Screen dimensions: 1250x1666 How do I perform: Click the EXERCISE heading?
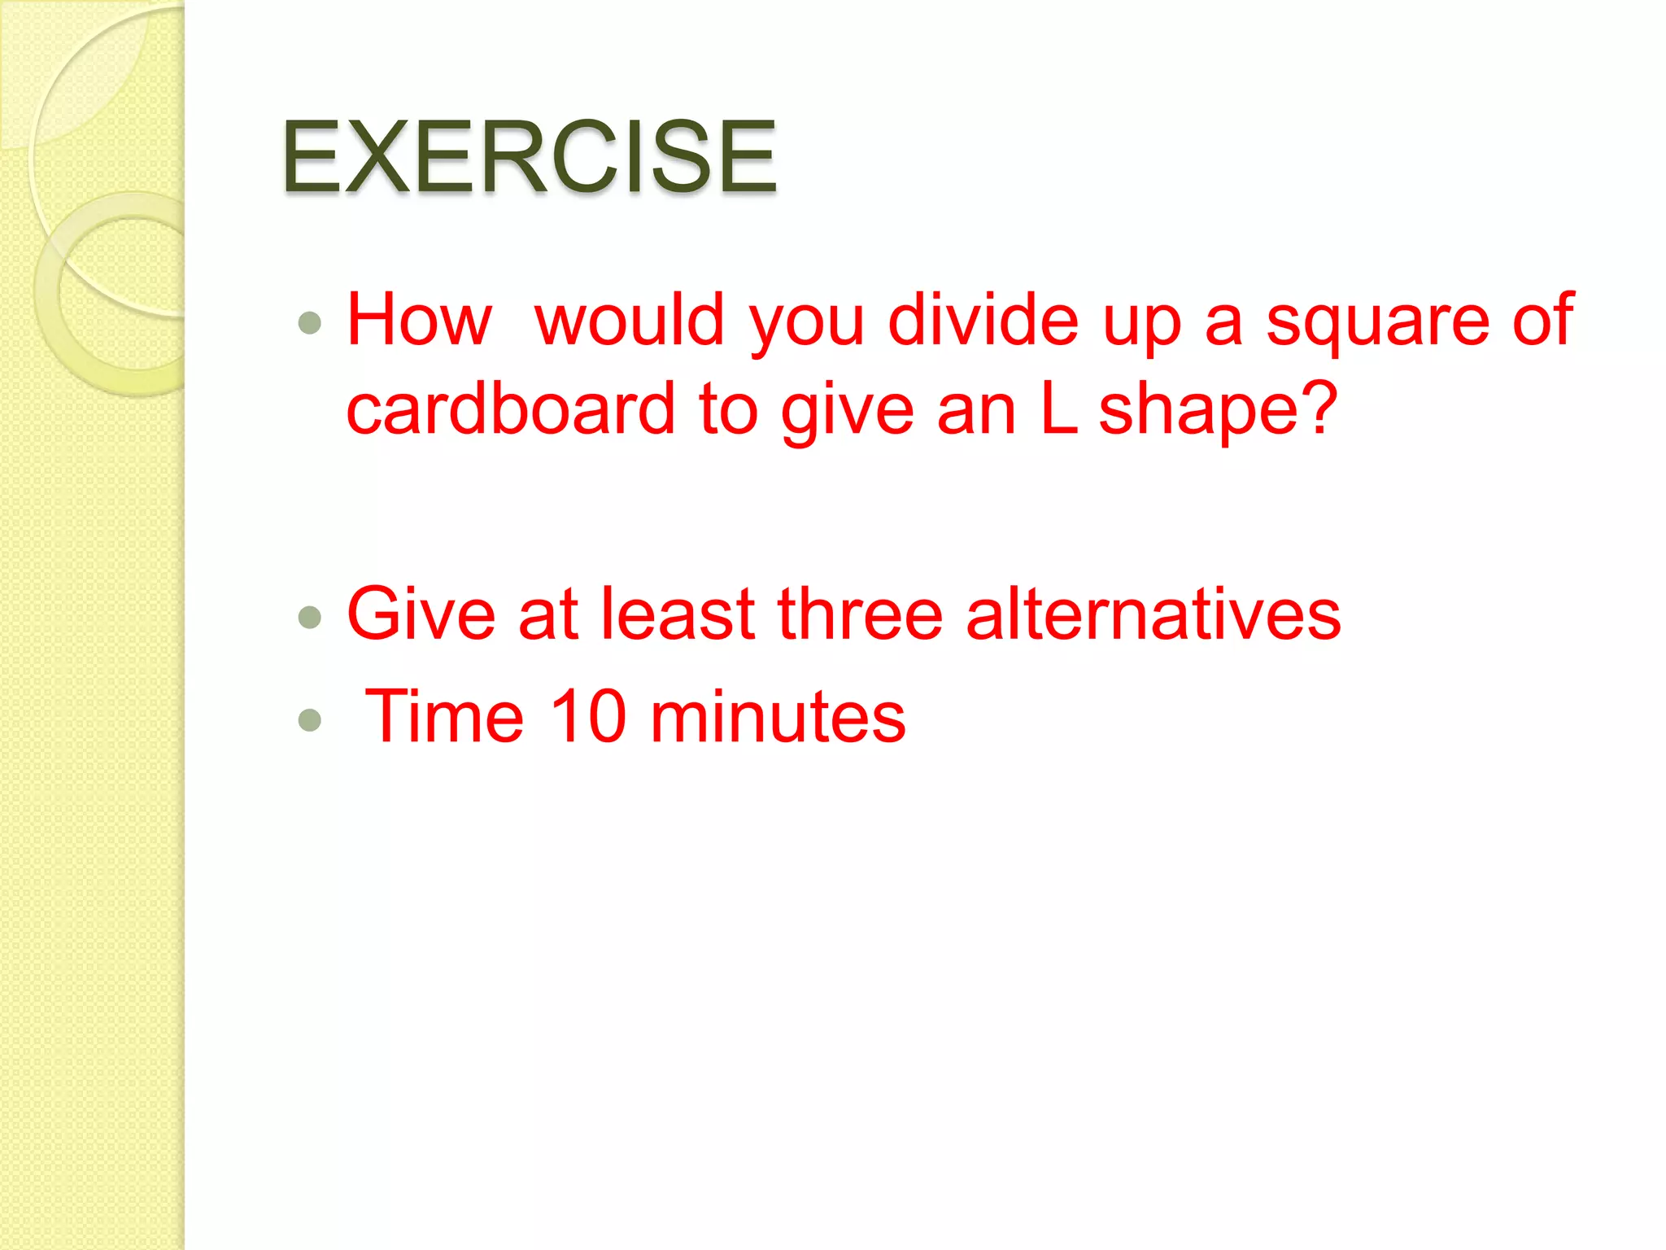(529, 156)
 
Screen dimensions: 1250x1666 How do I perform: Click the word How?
(419, 320)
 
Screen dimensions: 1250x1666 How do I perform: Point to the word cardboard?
(511, 409)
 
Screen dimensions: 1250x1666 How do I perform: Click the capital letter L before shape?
(1058, 409)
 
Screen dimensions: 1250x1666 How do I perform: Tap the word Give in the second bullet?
(421, 614)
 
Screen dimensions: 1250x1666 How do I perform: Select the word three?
(860, 614)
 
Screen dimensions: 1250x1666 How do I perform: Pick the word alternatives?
(1153, 614)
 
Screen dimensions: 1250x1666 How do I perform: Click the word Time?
(444, 716)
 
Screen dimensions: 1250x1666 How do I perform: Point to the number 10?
(588, 716)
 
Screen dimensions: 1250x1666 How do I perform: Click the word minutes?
(778, 716)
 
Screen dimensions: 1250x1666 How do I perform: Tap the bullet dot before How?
(309, 324)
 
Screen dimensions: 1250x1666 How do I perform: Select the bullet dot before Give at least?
(309, 617)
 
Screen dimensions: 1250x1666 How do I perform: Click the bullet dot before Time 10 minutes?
(309, 719)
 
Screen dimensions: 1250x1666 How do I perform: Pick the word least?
(678, 614)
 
